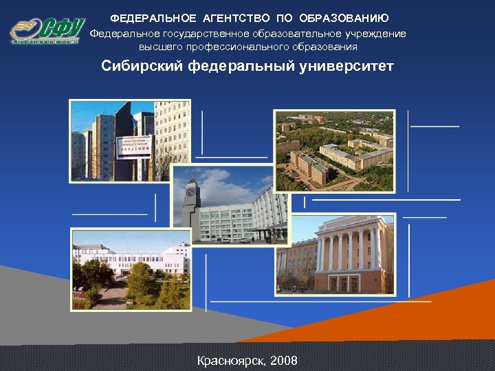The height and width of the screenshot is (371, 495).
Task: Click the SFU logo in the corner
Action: [x=47, y=31]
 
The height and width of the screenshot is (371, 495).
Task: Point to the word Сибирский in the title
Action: [x=140, y=67]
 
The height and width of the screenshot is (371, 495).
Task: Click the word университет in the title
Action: [x=345, y=67]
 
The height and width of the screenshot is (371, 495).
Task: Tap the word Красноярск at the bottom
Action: [x=230, y=360]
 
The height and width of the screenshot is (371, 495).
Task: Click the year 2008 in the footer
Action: [x=284, y=360]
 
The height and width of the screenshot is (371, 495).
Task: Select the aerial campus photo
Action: [x=335, y=150]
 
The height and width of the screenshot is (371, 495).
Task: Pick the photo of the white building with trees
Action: [x=130, y=269]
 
